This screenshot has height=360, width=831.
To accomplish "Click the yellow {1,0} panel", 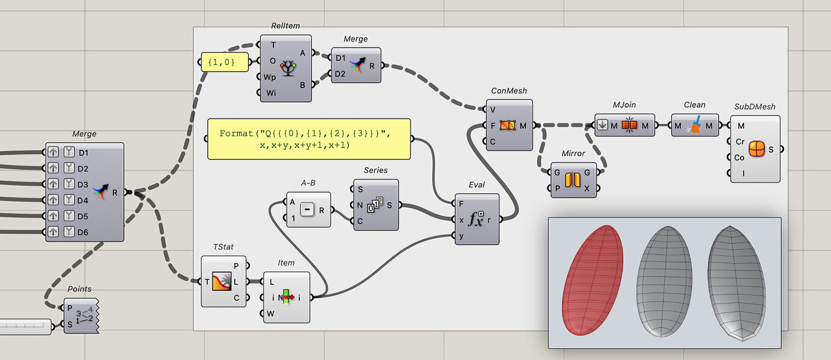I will (x=224, y=62).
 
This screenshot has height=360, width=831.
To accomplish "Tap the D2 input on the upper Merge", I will (x=341, y=74).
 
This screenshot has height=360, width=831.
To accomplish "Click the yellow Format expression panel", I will (x=308, y=139).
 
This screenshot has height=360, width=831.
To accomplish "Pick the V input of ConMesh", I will (x=493, y=110).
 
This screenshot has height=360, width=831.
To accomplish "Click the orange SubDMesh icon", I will (x=756, y=149).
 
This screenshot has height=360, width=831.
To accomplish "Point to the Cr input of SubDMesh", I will (x=739, y=142).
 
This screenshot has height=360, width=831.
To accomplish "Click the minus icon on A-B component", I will (x=308, y=210).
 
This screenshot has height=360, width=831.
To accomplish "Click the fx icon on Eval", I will (x=476, y=220).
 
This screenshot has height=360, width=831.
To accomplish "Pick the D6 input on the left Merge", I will (x=82, y=232).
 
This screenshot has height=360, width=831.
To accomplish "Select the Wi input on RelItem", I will (x=272, y=93).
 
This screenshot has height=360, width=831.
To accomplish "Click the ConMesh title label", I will (x=509, y=91).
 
